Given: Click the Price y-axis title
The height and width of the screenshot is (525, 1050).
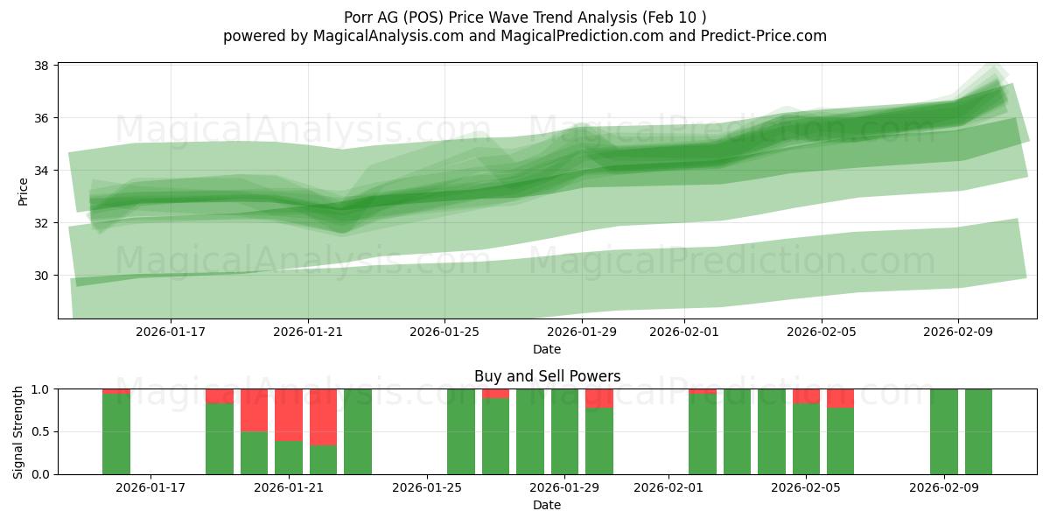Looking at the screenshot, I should pyautogui.click(x=24, y=191).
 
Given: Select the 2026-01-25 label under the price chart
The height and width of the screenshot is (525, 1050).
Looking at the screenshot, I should pyautogui.click(x=445, y=332).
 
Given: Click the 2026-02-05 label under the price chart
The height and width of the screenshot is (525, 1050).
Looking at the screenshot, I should pyautogui.click(x=821, y=332).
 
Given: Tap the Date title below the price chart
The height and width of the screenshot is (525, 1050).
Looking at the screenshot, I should pyautogui.click(x=547, y=349).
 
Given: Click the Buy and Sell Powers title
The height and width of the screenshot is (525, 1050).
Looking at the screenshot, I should pyautogui.click(x=547, y=376).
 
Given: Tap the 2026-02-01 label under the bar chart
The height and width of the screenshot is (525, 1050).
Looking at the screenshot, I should pyautogui.click(x=668, y=487).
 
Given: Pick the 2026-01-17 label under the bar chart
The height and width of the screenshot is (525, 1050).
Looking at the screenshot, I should pyautogui.click(x=150, y=487).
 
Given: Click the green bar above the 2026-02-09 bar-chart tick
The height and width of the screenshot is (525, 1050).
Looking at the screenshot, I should pyautogui.click(x=943, y=431).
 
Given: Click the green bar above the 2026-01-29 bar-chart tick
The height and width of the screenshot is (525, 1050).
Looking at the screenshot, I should pyautogui.click(x=564, y=431).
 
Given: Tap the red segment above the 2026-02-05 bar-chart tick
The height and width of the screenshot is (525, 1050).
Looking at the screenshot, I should pyautogui.click(x=806, y=395).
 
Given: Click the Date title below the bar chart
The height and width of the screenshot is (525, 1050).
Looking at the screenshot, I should pyautogui.click(x=547, y=505).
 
